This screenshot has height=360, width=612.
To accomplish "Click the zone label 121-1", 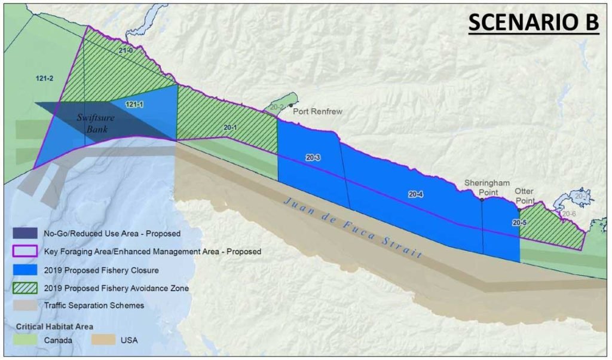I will click(134, 105).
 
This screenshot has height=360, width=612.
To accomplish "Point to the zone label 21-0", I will click(125, 52).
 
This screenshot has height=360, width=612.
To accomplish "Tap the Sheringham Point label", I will click(482, 188).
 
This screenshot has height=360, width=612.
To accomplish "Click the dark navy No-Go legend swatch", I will click(25, 233).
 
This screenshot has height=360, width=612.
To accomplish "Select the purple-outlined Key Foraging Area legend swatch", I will click(25, 252).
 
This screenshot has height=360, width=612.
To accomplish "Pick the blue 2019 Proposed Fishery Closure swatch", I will click(25, 270).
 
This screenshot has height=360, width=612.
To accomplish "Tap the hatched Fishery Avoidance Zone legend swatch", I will click(25, 288).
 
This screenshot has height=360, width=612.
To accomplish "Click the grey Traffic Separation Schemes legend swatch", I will click(25, 306).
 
